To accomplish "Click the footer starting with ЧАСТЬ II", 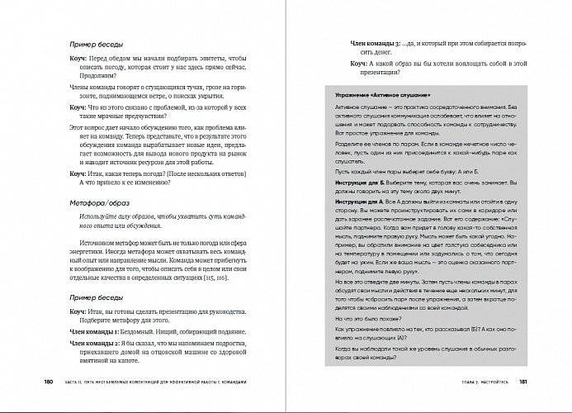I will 157,381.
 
